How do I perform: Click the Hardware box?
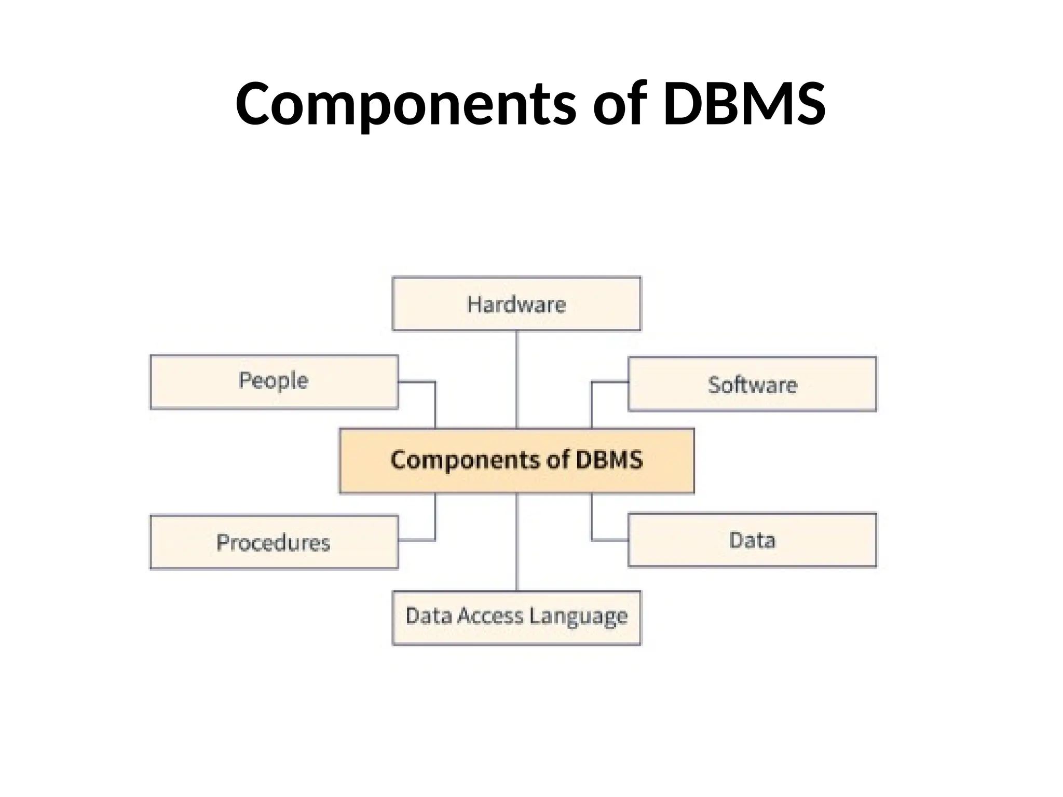[516, 304]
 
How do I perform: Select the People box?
[274, 382]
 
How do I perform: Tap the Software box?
[752, 384]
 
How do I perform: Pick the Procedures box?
[274, 542]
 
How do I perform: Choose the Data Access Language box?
[516, 617]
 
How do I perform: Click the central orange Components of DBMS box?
[516, 461]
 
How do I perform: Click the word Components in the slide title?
[405, 104]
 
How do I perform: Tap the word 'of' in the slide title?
[620, 104]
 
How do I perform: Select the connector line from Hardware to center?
[516, 379]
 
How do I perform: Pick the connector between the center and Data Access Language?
[516, 542]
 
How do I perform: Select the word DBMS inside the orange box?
[609, 460]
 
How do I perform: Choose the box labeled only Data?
[752, 540]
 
